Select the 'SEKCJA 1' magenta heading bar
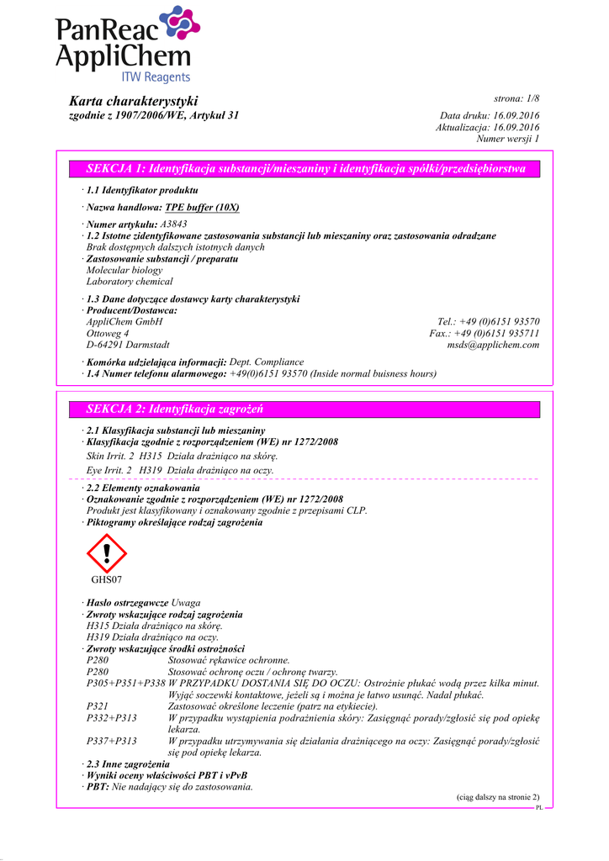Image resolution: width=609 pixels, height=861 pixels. click(x=306, y=169)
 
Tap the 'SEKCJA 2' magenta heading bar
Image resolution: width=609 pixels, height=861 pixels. click(x=306, y=409)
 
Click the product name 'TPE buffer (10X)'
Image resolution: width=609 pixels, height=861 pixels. click(x=202, y=207)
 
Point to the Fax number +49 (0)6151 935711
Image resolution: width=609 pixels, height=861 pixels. click(x=505, y=333)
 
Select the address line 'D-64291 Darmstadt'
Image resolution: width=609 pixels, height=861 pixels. click(x=128, y=345)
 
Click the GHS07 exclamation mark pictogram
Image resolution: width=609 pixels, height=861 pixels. click(x=106, y=553)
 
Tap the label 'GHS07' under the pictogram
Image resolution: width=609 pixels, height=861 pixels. click(x=107, y=580)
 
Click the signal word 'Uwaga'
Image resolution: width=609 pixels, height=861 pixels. click(x=186, y=604)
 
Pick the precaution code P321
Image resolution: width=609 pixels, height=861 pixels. click(x=98, y=707)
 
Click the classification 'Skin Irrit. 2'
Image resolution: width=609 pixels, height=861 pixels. click(x=110, y=455)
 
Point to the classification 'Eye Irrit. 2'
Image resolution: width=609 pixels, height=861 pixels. click(x=110, y=470)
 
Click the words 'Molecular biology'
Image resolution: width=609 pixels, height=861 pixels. click(x=124, y=271)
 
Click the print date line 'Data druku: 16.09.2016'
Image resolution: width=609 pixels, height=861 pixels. click(x=490, y=115)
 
